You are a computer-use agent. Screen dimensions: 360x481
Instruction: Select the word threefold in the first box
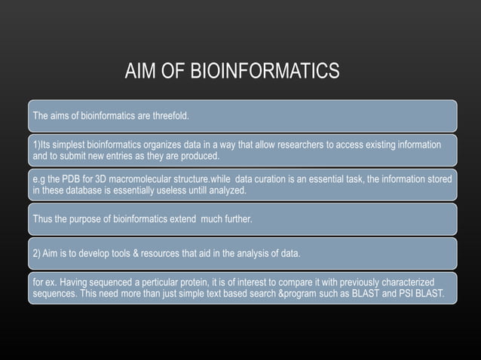point(168,116)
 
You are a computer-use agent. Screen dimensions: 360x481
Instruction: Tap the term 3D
point(94,178)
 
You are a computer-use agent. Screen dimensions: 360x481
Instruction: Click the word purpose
point(88,218)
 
